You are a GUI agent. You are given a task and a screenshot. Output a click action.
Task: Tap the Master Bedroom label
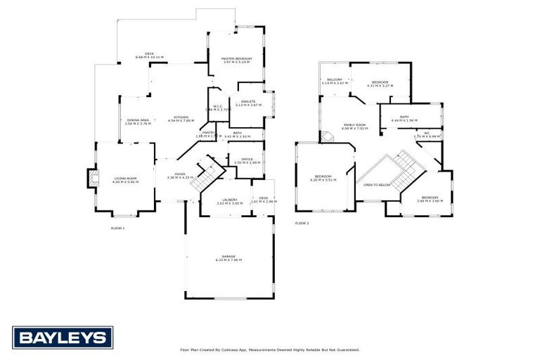[236, 60]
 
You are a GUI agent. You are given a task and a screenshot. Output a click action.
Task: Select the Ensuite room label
[248, 103]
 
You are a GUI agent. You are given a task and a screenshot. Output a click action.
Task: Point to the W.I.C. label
[218, 108]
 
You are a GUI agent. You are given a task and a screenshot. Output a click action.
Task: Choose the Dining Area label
[138, 122]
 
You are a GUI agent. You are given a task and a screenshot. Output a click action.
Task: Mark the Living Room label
[126, 180]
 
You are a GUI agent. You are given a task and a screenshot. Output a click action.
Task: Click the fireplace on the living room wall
[90, 177]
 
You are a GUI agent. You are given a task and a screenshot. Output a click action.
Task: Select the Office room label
[247, 160]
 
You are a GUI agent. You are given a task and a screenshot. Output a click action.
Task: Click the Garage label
[229, 258]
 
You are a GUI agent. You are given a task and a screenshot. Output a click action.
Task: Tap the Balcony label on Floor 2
[332, 81]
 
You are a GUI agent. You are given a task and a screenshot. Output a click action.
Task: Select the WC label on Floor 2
[427, 134]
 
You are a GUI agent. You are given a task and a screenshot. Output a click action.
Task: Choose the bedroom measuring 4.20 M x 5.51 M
[323, 177]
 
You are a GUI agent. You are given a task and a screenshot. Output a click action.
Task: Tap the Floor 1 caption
[117, 229]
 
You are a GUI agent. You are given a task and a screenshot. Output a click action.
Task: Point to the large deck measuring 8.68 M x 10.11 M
[149, 55]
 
